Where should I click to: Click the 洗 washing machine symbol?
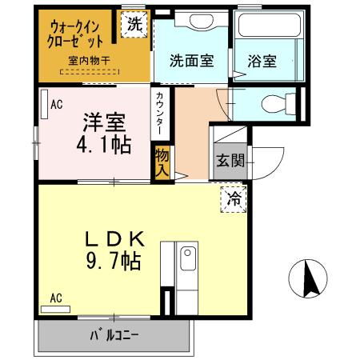point(135,24)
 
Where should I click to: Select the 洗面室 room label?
point(191,61)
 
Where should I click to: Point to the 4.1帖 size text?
point(105,146)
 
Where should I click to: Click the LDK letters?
point(115,238)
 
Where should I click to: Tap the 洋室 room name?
point(105,123)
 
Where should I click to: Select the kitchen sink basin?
point(189,260)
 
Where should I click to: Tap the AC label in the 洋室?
point(57,104)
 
